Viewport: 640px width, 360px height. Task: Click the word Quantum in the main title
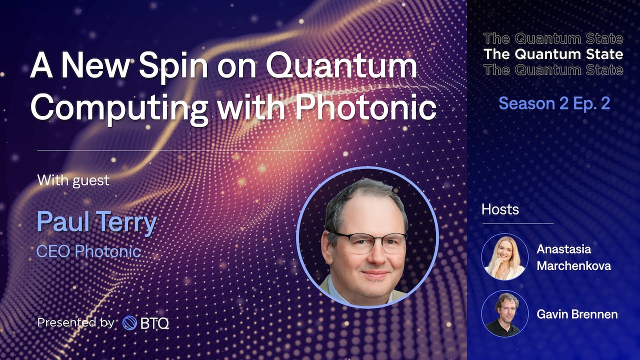pos(341,67)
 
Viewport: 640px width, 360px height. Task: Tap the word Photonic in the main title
pos(365,107)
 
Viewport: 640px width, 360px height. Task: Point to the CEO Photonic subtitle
pos(89,251)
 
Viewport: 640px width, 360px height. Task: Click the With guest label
pos(73,180)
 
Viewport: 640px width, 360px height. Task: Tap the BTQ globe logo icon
pos(129,323)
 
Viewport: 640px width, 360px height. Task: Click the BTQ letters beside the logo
pos(154,323)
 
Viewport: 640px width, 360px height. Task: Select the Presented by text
pos(75,322)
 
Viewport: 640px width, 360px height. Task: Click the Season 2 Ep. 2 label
pos(554,103)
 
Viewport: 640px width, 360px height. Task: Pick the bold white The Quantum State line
pos(553,54)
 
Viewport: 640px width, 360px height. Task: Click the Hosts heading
pos(500,209)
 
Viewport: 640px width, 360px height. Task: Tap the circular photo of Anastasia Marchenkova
pos(505,257)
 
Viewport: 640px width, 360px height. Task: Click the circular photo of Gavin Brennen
pos(505,313)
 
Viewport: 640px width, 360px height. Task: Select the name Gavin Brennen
pos(577,314)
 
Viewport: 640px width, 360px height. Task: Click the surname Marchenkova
pos(573,266)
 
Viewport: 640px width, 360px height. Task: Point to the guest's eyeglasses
pos(368,242)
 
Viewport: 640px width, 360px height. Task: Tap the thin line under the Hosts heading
pos(518,223)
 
